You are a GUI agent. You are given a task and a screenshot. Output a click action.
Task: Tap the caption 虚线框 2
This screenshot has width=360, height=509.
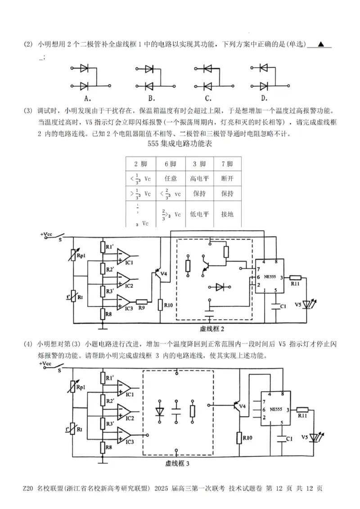pos(212,329)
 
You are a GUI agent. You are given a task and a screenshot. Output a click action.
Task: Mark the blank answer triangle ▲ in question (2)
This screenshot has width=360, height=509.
pos(320,44)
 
